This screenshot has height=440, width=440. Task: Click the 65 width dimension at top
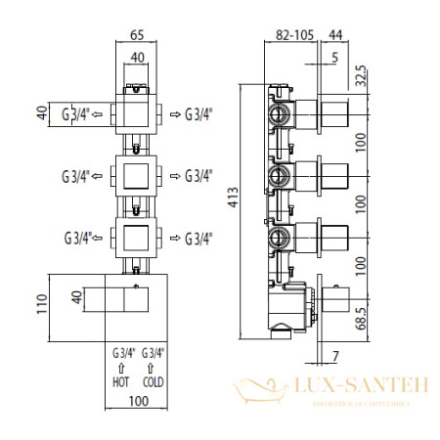click(x=137, y=35)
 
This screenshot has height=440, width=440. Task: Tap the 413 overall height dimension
click(x=234, y=198)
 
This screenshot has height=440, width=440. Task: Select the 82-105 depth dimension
click(x=294, y=35)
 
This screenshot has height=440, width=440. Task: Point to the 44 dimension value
click(x=335, y=35)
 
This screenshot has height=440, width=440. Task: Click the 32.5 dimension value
click(x=361, y=76)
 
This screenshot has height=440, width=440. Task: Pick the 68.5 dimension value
click(x=361, y=319)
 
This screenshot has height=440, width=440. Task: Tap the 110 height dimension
click(x=42, y=304)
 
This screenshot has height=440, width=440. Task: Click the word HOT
click(x=121, y=382)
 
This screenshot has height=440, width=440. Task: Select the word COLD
click(x=154, y=382)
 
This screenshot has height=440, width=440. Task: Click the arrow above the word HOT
click(x=121, y=369)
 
